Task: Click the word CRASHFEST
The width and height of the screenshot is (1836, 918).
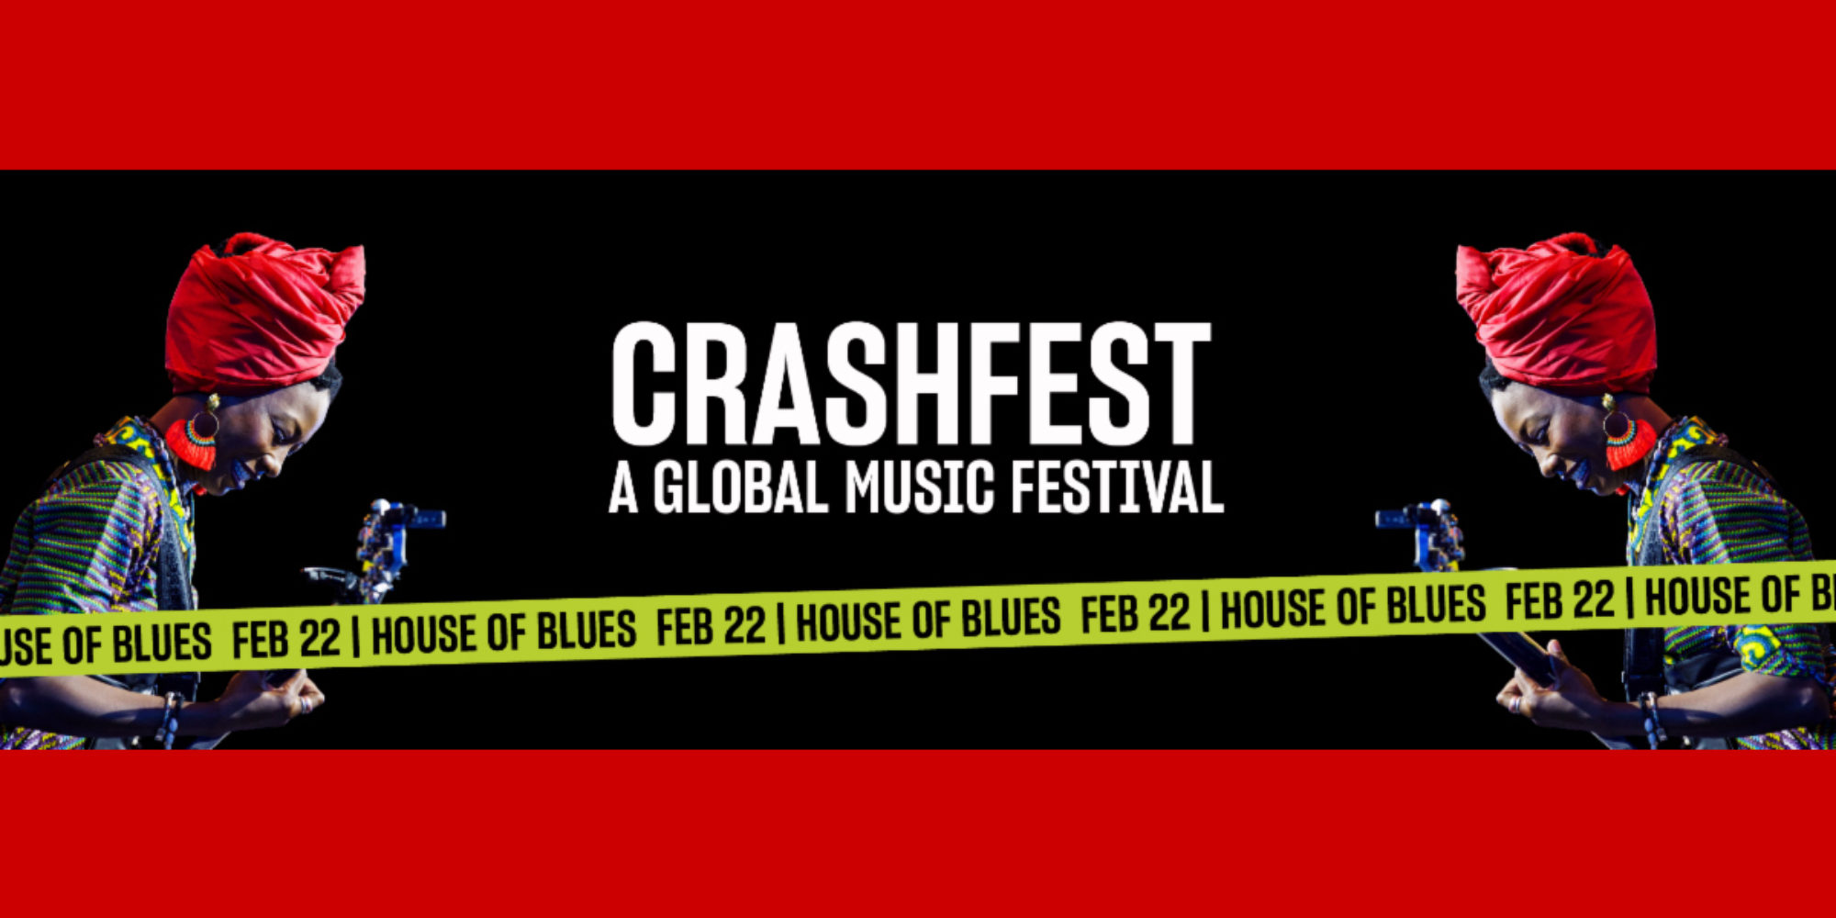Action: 911,384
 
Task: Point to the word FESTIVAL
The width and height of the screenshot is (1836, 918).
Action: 1117,487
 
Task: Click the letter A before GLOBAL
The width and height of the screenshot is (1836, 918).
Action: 623,487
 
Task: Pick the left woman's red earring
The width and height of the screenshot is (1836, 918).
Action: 192,442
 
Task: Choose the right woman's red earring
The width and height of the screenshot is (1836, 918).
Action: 1629,442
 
